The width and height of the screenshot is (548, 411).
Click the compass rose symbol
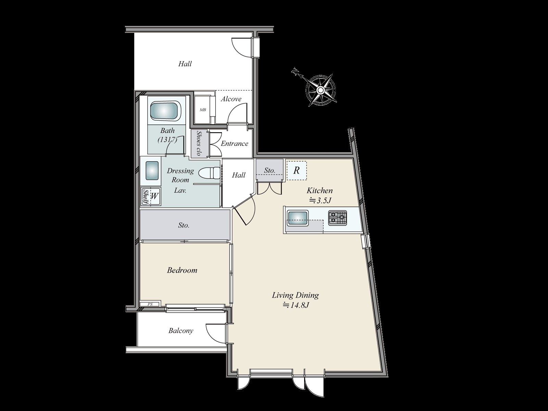tap(320, 90)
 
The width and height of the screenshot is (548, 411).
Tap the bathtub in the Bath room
tap(165, 110)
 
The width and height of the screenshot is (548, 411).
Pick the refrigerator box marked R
tap(297, 170)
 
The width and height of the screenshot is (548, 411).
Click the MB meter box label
tap(203, 110)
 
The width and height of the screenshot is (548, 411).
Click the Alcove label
tap(231, 99)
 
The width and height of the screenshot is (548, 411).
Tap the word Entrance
tap(234, 144)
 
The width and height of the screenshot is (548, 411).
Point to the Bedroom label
tap(182, 270)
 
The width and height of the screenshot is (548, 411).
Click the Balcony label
tap(180, 331)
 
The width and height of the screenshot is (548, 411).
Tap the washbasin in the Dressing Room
tap(152, 170)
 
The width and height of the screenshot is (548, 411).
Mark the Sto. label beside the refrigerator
tap(270, 170)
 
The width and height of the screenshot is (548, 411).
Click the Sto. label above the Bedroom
tap(184, 225)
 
